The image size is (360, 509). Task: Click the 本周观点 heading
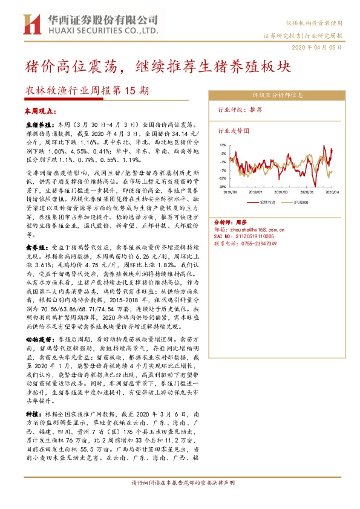point(40,112)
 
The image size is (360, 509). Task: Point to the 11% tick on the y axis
point(223,145)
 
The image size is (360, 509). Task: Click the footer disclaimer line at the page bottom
point(180,500)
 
